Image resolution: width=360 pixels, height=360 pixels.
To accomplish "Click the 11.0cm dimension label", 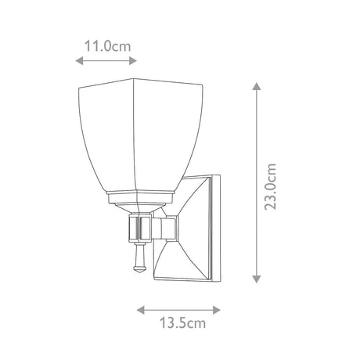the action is point(107,46).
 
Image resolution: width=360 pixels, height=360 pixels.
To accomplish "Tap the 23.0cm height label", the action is point(270,186).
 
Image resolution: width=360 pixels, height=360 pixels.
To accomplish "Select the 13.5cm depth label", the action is point(182,323).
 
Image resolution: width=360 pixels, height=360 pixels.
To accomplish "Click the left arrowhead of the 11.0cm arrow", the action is point(79,61).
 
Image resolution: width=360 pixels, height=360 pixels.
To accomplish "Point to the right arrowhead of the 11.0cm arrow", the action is point(133,61).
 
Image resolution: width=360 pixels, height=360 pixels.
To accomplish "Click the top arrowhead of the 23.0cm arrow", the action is point(257,86).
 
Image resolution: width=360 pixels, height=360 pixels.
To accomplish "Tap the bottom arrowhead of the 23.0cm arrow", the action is point(257,279).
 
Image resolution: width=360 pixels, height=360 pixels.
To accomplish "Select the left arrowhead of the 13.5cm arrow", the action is point(141,310).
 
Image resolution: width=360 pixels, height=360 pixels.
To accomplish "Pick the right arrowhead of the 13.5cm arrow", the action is point(217,310).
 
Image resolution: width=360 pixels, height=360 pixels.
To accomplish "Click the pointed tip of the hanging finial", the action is point(139,273).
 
